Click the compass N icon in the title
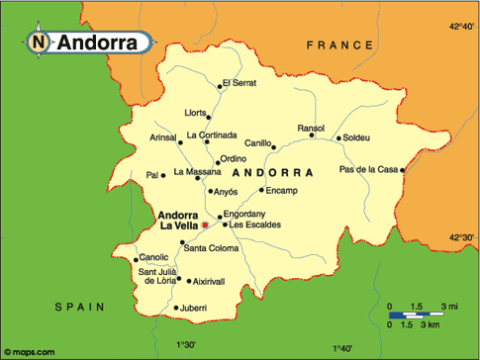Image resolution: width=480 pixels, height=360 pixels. (38, 43)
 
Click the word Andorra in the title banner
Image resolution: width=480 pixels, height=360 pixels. (97, 43)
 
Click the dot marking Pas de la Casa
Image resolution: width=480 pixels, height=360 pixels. (403, 170)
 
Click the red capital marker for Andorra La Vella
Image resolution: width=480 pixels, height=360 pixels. (205, 225)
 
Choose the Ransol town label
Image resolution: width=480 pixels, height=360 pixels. (312, 128)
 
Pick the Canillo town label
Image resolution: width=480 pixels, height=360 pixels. (258, 144)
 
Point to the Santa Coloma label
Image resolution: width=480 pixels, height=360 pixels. (214, 248)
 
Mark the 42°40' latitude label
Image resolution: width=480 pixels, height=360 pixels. (462, 26)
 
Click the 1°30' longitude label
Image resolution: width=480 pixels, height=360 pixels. (186, 346)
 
